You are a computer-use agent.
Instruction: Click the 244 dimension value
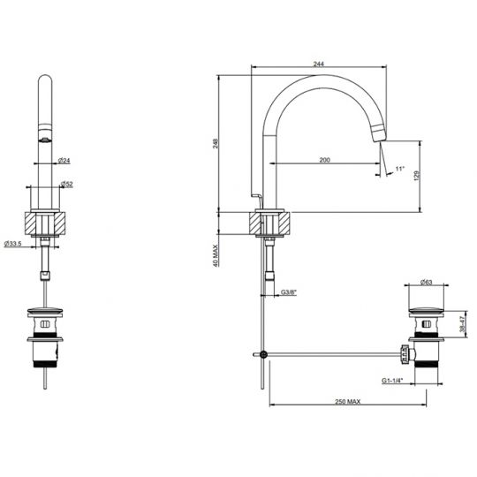point(319,64)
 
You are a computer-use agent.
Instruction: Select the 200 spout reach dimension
point(324,160)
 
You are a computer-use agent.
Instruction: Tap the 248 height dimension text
point(216,144)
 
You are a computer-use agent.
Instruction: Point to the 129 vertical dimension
point(416,176)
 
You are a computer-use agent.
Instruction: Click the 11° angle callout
point(400,169)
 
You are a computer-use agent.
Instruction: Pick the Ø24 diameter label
point(64,160)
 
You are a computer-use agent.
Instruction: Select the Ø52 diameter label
point(66,184)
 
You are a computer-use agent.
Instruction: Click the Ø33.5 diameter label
point(12,244)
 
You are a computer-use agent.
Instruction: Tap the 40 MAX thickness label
point(216,256)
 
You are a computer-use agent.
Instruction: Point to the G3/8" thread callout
point(288,292)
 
